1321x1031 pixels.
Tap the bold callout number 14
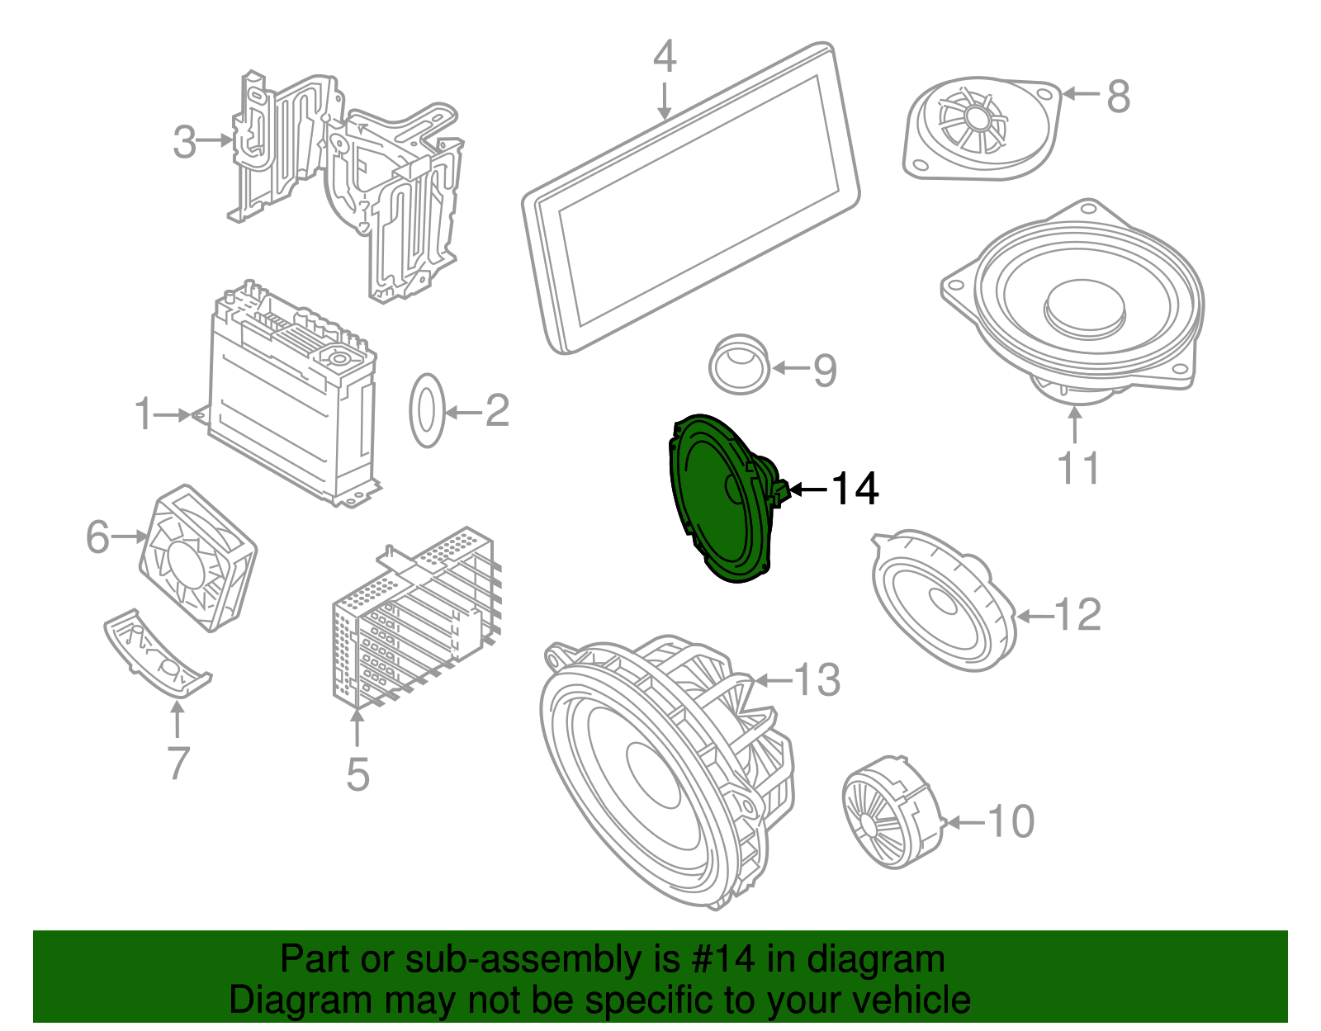click(855, 489)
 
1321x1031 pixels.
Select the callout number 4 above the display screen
click(665, 56)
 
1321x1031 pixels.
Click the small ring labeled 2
click(427, 410)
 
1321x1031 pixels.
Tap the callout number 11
click(1077, 468)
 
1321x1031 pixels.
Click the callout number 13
click(817, 680)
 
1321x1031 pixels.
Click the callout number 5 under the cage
click(357, 774)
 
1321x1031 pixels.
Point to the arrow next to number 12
click(1035, 616)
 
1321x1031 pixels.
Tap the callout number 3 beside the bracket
click(185, 141)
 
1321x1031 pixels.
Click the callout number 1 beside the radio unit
click(144, 414)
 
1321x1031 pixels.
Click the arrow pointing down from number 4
click(665, 99)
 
